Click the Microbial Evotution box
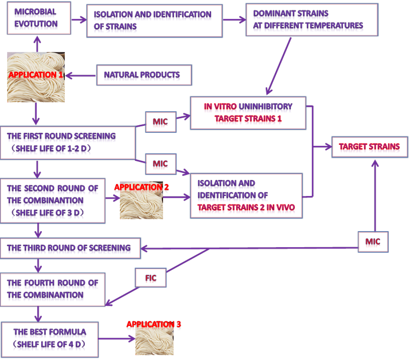39,18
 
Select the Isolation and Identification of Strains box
154,20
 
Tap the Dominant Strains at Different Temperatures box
311,20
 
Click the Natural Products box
142,75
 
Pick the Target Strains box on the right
369,146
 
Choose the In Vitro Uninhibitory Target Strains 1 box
248,112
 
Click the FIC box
151,279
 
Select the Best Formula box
50,338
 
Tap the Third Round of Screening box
70,248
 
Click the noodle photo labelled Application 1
36,77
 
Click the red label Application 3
154,324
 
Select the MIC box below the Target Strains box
373,241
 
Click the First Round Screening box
68,142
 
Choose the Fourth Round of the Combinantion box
53,289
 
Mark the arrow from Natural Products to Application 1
81,75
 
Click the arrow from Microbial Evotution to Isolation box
79,20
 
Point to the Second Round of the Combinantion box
53,200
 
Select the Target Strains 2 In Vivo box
246,195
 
